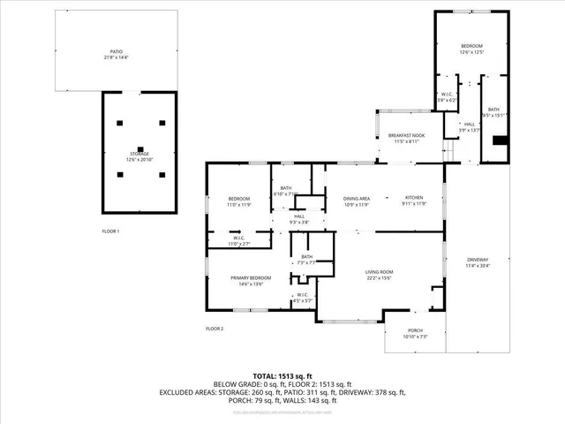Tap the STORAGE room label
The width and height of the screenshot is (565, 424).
point(139,154)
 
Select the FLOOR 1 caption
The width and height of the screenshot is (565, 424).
point(110,231)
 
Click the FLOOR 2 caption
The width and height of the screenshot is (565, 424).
point(215,329)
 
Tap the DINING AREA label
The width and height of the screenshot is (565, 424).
point(357,198)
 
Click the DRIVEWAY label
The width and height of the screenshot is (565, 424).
point(478,259)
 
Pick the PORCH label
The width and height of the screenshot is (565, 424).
point(415,330)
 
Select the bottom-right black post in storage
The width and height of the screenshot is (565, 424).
point(162,174)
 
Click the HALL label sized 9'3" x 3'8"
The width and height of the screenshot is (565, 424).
point(299,216)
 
